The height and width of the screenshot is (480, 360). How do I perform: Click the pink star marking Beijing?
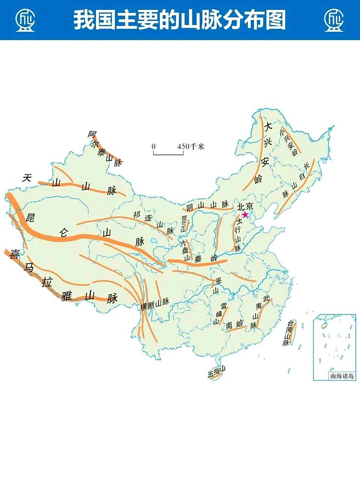245,214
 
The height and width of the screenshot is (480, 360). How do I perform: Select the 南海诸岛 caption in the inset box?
342,376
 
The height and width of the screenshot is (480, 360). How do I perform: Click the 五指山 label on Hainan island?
217,372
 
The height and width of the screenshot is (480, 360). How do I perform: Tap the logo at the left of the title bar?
25,19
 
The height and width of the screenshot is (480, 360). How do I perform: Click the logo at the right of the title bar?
334,19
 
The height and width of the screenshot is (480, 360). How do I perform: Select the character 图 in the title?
276,20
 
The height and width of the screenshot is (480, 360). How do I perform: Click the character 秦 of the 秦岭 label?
198,259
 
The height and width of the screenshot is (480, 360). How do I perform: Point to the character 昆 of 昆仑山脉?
30,217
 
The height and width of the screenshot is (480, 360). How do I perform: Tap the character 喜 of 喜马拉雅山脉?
15,254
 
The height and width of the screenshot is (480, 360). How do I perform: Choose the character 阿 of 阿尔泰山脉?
92,134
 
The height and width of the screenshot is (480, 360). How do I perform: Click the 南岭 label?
235,325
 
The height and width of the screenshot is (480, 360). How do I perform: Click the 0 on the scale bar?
153,146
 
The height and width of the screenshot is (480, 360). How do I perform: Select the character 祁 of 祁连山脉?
136,214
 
